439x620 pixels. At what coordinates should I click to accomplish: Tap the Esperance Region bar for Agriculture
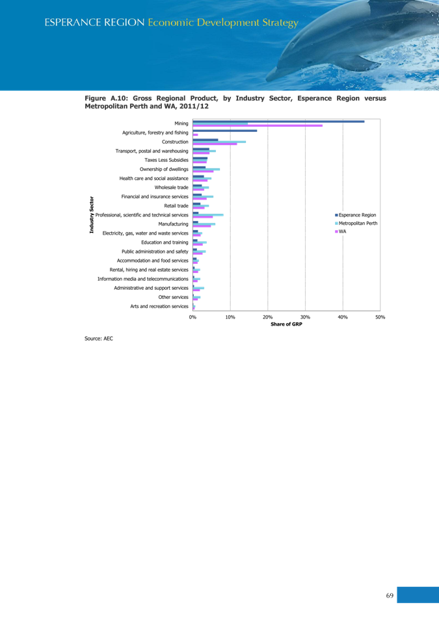pyautogui.click(x=225, y=131)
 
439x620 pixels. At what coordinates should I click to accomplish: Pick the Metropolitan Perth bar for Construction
pyautogui.click(x=219, y=142)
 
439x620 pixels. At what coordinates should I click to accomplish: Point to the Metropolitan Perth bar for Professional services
pyautogui.click(x=208, y=214)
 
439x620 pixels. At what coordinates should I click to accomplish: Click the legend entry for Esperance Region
pyautogui.click(x=356, y=214)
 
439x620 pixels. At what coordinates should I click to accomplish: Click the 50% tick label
pyautogui.click(x=380, y=316)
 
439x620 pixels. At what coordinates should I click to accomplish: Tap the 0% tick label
pyautogui.click(x=193, y=316)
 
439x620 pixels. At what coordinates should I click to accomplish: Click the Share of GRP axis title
pyautogui.click(x=287, y=324)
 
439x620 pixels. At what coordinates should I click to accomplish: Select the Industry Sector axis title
pyautogui.click(x=92, y=214)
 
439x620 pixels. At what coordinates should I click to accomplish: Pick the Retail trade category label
pyautogui.click(x=178, y=205)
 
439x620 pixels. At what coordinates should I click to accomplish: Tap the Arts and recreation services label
pyautogui.click(x=159, y=306)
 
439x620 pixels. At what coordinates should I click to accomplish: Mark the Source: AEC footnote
pyautogui.click(x=99, y=339)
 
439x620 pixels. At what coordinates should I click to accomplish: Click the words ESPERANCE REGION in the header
pyautogui.click(x=94, y=23)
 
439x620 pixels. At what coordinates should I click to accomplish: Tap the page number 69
pyautogui.click(x=390, y=595)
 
